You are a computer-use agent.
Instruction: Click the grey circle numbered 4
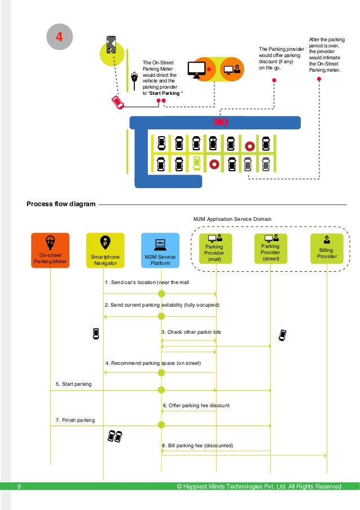[x=58, y=37]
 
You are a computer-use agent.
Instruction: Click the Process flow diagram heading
[x=61, y=204]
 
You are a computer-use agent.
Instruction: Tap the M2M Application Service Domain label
[x=232, y=219]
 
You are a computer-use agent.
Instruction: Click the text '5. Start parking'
[x=73, y=384]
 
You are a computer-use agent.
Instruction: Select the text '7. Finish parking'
[x=75, y=420]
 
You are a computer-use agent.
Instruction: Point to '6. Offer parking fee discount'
[x=196, y=406]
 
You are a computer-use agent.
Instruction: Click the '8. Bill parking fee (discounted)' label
[x=197, y=446]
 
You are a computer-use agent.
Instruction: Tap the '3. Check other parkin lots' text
[x=191, y=332]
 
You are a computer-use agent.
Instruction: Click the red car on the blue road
[x=220, y=122]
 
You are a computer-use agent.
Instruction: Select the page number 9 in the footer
[x=19, y=486]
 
